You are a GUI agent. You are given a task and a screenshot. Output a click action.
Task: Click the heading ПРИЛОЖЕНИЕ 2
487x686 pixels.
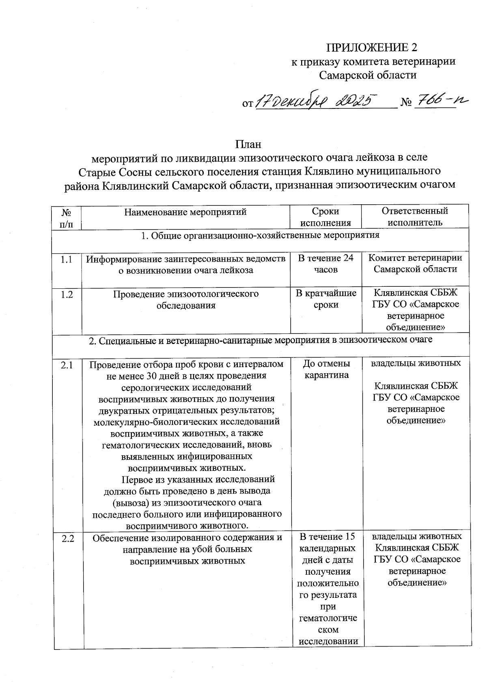coord(372,48)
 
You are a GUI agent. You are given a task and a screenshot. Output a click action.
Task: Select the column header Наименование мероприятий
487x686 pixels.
coord(185,212)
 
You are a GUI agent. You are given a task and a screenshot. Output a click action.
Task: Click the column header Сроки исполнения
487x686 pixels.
coord(325,217)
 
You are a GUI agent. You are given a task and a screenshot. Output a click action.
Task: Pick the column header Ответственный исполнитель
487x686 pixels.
coord(415,217)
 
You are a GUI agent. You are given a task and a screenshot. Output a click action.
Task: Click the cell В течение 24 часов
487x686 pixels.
coord(325,264)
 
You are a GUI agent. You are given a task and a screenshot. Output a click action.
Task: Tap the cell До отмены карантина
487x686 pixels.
coord(326,369)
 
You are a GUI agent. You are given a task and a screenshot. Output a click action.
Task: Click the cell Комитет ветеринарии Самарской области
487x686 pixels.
coord(415,264)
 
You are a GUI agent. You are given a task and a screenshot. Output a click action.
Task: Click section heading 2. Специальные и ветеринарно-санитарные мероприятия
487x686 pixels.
coord(261,340)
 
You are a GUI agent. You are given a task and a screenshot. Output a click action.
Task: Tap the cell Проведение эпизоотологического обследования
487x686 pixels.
coord(186,299)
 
